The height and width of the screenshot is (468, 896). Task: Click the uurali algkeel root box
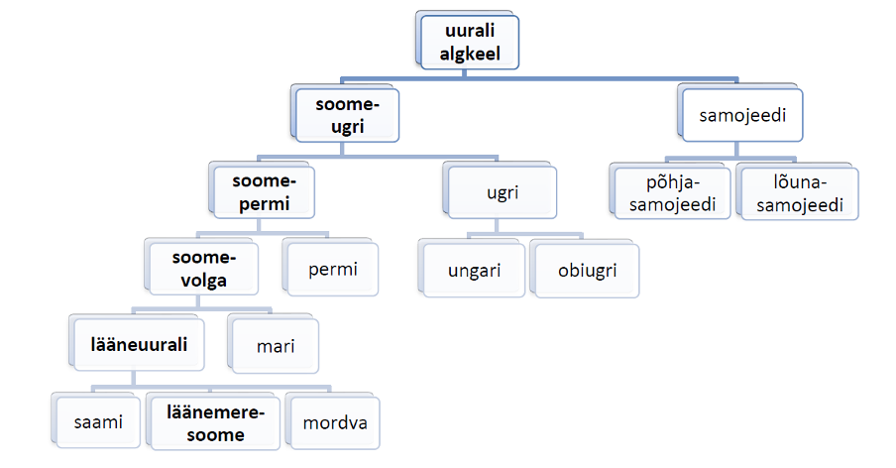click(x=469, y=43)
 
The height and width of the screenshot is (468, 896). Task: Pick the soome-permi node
click(x=265, y=193)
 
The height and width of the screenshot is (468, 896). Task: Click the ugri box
click(x=503, y=193)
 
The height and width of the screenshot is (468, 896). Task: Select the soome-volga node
click(x=202, y=268)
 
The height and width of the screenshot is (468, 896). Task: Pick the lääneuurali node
click(x=140, y=344)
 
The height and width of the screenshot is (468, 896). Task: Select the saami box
click(x=98, y=421)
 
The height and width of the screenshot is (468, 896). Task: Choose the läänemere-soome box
click(x=213, y=422)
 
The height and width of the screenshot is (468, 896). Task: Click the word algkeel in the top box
click(x=469, y=54)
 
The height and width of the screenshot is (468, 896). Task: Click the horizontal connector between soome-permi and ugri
click(x=377, y=156)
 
